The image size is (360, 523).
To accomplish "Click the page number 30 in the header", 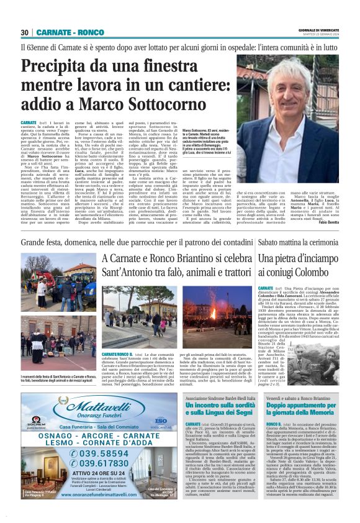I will [x=25, y=32].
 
